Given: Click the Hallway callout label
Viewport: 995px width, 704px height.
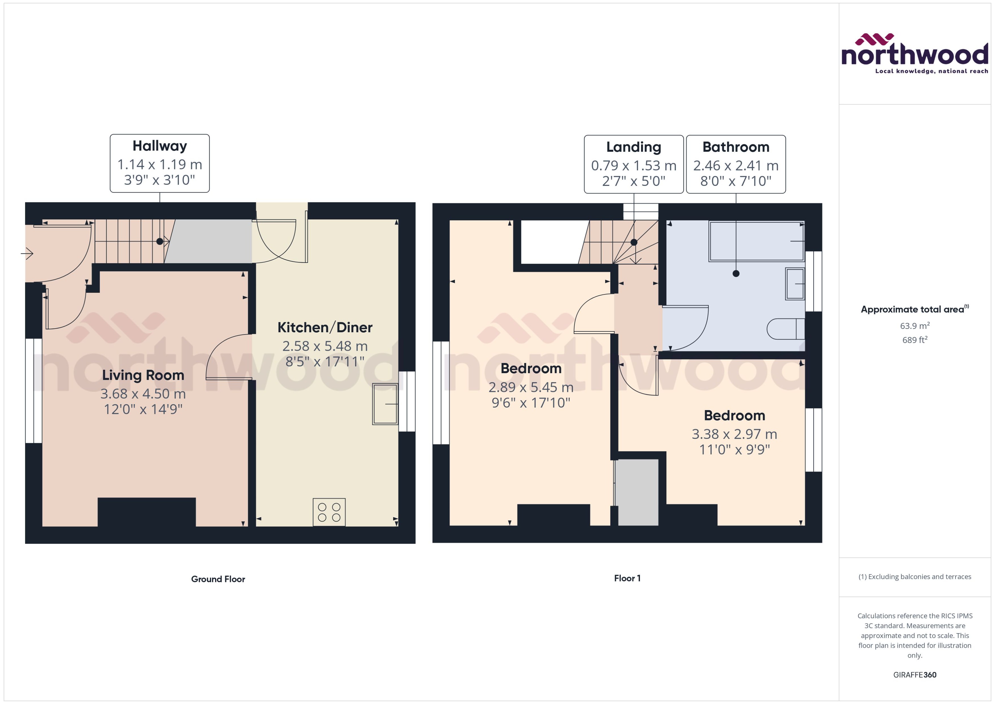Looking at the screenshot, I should pyautogui.click(x=159, y=146).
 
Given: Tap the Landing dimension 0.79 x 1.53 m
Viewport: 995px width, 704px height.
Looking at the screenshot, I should pyautogui.click(x=633, y=166).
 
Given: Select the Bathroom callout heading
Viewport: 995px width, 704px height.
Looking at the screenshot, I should pyautogui.click(x=736, y=147).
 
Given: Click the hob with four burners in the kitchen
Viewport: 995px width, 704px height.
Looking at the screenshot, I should pyautogui.click(x=329, y=512).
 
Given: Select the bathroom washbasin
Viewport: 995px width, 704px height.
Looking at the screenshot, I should pyautogui.click(x=795, y=284).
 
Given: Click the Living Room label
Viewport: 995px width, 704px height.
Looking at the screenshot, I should pyautogui.click(x=143, y=375).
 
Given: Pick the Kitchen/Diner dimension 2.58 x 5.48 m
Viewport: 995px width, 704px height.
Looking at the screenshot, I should pyautogui.click(x=325, y=346).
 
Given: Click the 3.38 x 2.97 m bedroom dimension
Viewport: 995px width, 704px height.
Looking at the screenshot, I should pyautogui.click(x=734, y=434).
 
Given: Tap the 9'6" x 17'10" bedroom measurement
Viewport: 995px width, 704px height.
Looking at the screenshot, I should pyautogui.click(x=531, y=403).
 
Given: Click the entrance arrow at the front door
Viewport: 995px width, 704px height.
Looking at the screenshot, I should pyautogui.click(x=27, y=253).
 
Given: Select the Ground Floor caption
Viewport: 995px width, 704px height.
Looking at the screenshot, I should pyautogui.click(x=218, y=579).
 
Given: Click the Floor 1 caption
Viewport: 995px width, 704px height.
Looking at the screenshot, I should pyautogui.click(x=627, y=578).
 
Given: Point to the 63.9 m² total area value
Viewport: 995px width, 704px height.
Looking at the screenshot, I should pyautogui.click(x=914, y=325).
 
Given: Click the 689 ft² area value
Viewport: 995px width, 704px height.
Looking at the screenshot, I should pyautogui.click(x=914, y=340).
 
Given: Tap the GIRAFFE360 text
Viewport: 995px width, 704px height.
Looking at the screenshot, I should pyautogui.click(x=914, y=674).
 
